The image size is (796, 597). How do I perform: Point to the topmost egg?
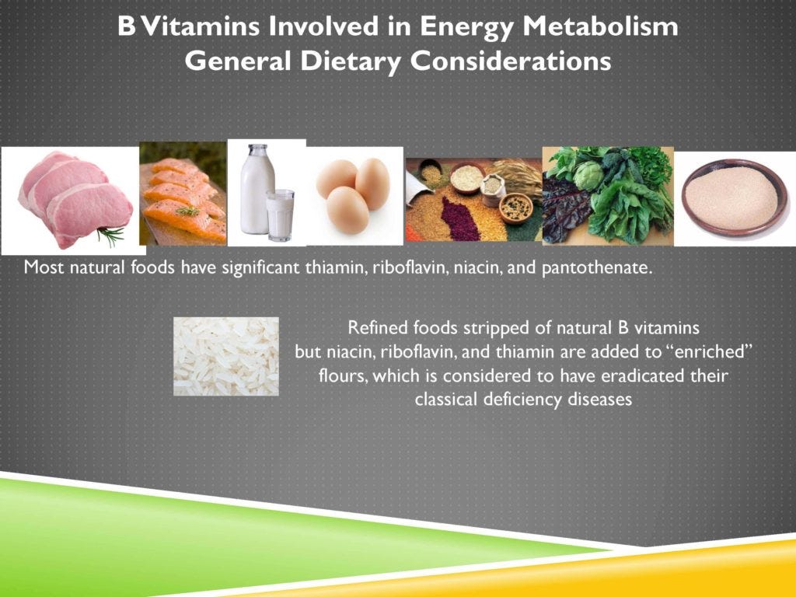point(372,181)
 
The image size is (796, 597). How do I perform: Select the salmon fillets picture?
point(183,194)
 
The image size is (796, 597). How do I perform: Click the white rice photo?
point(225,356)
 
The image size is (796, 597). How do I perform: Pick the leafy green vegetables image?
point(607,194)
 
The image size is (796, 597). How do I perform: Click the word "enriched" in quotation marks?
point(711,352)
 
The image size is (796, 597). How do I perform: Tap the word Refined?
point(372,327)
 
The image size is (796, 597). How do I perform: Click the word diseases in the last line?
point(598,400)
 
